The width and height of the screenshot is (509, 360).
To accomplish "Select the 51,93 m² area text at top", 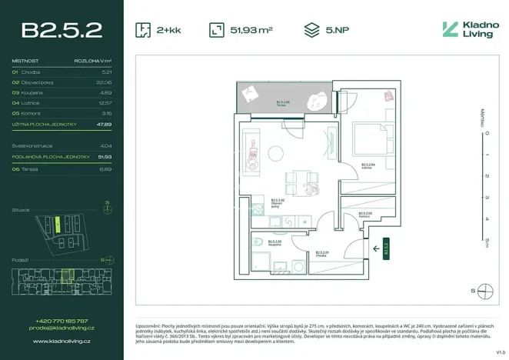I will pyautogui.click(x=251, y=30).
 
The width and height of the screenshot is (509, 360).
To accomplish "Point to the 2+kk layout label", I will pyautogui.click(x=170, y=30).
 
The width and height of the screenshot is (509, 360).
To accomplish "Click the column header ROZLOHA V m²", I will pyautogui.click(x=93, y=60).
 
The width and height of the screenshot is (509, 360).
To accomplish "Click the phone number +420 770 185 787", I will pyautogui.click(x=62, y=321).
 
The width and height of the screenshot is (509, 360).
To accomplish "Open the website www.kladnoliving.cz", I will pyautogui.click(x=62, y=338).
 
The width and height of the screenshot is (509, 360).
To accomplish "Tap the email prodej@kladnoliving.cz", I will pyautogui.click(x=62, y=328).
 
